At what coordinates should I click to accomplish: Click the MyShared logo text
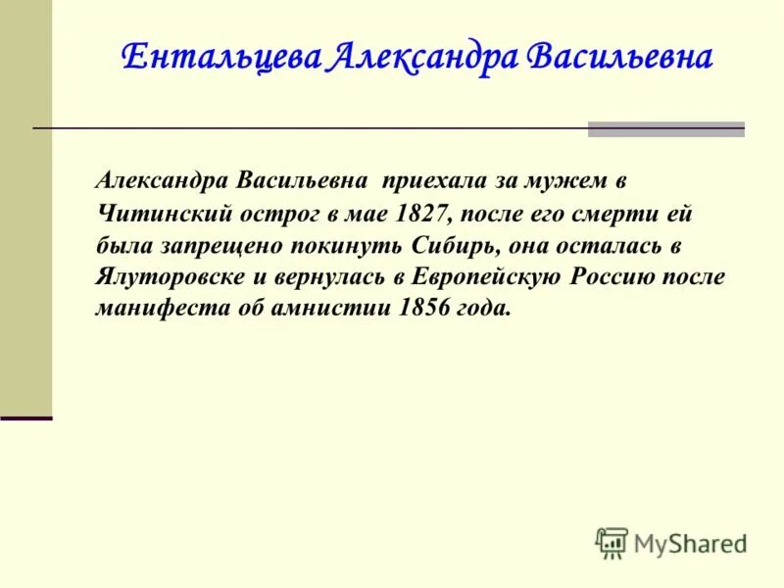click(x=690, y=542)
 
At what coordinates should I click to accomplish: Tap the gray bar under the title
click(x=665, y=128)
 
